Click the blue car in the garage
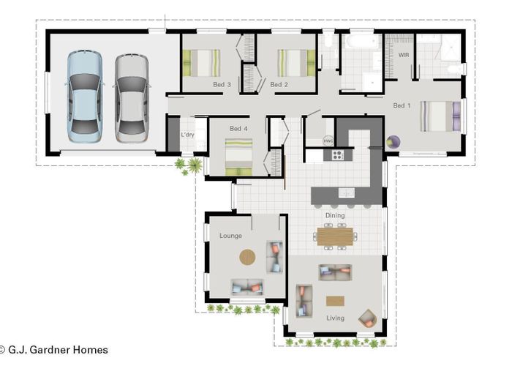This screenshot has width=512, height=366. pyautogui.click(x=85, y=96)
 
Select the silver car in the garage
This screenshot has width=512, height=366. pyautogui.click(x=132, y=95)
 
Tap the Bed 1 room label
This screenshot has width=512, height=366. pyautogui.click(x=402, y=106)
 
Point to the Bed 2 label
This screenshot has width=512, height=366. pyautogui.click(x=279, y=85)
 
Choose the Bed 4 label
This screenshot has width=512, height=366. pyautogui.click(x=238, y=130)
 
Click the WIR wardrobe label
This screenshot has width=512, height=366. pyautogui.click(x=403, y=55)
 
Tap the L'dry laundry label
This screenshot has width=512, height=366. pyautogui.click(x=187, y=135)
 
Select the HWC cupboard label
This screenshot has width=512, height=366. pyautogui.click(x=328, y=141)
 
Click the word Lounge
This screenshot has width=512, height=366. pyautogui.click(x=230, y=236)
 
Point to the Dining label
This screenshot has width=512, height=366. pyautogui.click(x=335, y=216)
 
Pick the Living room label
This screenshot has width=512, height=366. pyautogui.click(x=335, y=318)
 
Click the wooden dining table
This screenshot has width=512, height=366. pyautogui.click(x=335, y=236)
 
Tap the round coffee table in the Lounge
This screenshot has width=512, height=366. pyautogui.click(x=248, y=258)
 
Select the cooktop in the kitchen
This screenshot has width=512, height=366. pyautogui.click(x=338, y=155)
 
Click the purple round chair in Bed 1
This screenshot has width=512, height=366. pyautogui.click(x=394, y=142)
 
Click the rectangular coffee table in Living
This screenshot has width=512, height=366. pyautogui.click(x=335, y=301)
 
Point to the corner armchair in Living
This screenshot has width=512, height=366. pyautogui.click(x=367, y=318)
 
